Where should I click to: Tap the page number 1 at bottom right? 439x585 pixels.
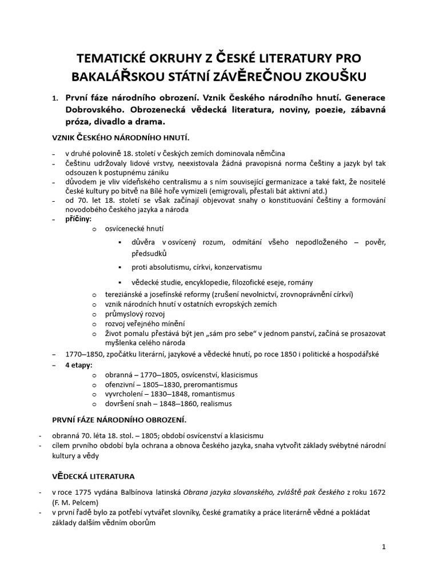click(x=384, y=547)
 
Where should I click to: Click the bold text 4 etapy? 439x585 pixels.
click(x=79, y=364)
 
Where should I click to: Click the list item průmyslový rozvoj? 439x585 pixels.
click(x=134, y=314)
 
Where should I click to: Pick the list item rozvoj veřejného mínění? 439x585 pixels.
click(x=142, y=323)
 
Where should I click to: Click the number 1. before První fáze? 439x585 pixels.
click(x=54, y=98)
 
